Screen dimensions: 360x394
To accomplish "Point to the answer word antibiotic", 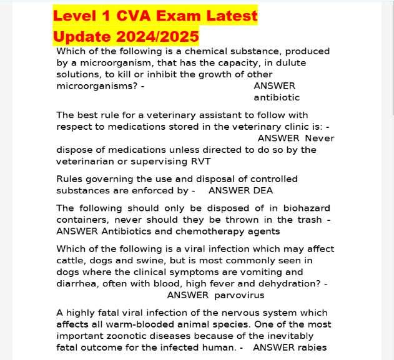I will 277,97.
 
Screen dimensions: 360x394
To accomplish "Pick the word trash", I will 308,220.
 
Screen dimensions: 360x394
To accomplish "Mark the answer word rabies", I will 311,348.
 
